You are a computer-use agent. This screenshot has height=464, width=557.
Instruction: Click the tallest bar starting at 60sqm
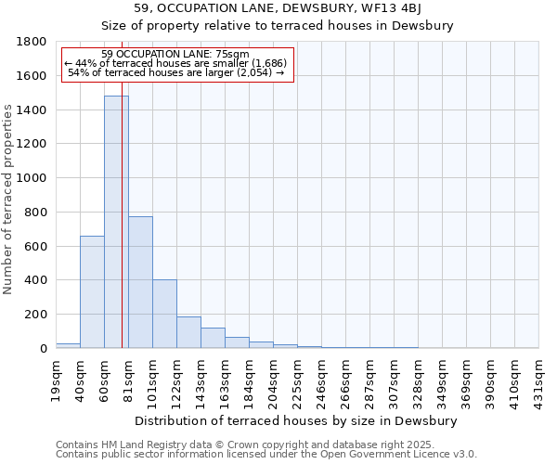pos(116,223)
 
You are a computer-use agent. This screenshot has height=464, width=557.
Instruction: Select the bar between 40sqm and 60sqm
pos(92,292)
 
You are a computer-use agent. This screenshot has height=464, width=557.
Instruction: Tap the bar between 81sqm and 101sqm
pos(140,282)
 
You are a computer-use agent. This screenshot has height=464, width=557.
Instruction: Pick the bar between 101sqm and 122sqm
pos(164,314)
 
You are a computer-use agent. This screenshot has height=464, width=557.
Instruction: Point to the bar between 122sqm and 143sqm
pos(188,332)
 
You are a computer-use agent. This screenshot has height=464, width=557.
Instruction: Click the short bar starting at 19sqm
pos(68,345)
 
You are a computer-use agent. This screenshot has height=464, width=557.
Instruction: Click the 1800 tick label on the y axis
pos(32,42)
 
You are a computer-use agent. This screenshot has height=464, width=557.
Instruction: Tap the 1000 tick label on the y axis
pos(32,178)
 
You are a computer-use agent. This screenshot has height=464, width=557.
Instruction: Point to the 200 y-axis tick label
pos(36,315)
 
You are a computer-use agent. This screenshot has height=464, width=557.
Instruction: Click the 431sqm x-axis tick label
pos(538,383)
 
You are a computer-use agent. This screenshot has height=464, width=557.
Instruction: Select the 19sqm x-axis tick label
pos(56,380)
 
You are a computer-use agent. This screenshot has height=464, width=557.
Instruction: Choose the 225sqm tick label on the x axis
pos(297,383)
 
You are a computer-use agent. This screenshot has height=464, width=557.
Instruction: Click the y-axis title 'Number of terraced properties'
pos(8,200)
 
